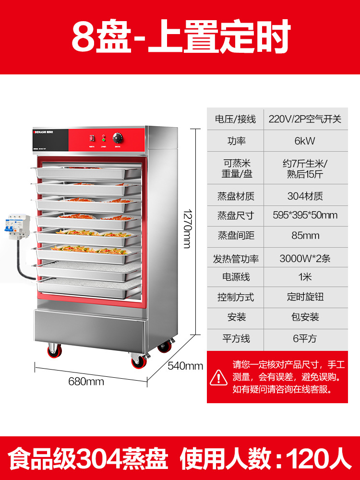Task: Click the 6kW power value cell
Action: (x=305, y=141)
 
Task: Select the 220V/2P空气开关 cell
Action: (x=305, y=119)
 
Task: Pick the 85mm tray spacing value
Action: (x=305, y=236)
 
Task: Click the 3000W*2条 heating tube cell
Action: (x=305, y=258)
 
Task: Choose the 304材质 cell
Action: (x=305, y=195)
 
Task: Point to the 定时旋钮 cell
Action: (x=305, y=297)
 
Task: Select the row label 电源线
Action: (x=236, y=277)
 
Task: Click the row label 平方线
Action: (x=236, y=338)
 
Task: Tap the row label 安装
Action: (x=236, y=317)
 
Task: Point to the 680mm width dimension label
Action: (x=86, y=382)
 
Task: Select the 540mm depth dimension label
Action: (x=185, y=366)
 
